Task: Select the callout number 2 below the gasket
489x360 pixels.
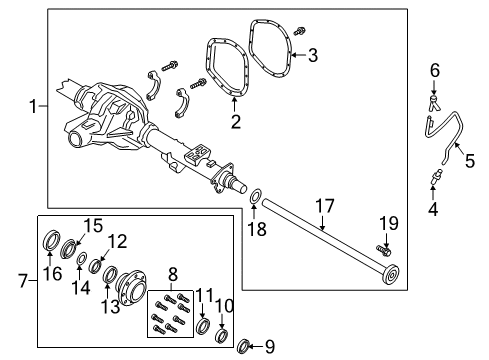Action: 236,123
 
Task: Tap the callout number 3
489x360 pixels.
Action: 312,55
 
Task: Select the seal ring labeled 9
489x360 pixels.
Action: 243,346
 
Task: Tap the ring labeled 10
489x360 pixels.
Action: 223,333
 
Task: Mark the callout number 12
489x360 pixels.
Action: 117,240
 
